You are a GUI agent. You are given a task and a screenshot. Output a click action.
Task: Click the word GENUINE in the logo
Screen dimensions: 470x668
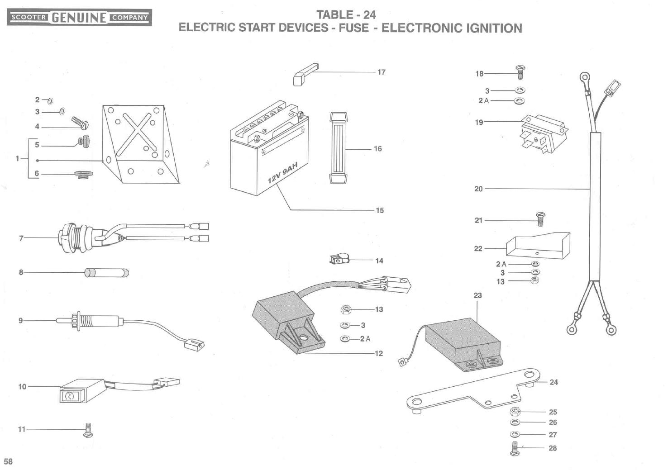(x=79, y=18)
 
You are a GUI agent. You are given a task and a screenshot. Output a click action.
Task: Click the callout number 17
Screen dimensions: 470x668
(x=381, y=72)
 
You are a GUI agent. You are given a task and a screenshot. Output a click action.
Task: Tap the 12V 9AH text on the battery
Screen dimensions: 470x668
(x=282, y=174)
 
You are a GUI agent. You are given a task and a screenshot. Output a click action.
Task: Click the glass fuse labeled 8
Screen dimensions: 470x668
(x=106, y=272)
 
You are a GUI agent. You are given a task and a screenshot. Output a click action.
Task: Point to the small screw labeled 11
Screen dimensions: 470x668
(x=88, y=430)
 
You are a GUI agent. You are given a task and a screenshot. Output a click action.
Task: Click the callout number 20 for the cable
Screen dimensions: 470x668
(x=478, y=189)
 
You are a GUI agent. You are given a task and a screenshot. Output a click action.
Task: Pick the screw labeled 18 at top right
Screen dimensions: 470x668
(x=520, y=72)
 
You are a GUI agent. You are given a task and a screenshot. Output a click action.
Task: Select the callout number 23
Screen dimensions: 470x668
(x=478, y=295)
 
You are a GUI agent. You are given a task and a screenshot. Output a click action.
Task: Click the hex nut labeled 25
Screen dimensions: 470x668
(x=515, y=412)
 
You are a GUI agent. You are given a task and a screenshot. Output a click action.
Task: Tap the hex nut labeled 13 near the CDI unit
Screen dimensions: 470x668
(x=347, y=309)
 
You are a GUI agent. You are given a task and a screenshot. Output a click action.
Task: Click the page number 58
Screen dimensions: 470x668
(x=9, y=461)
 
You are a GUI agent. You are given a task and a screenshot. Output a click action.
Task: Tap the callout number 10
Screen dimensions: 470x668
(x=22, y=386)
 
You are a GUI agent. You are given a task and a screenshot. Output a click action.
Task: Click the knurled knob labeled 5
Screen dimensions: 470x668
(x=84, y=142)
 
